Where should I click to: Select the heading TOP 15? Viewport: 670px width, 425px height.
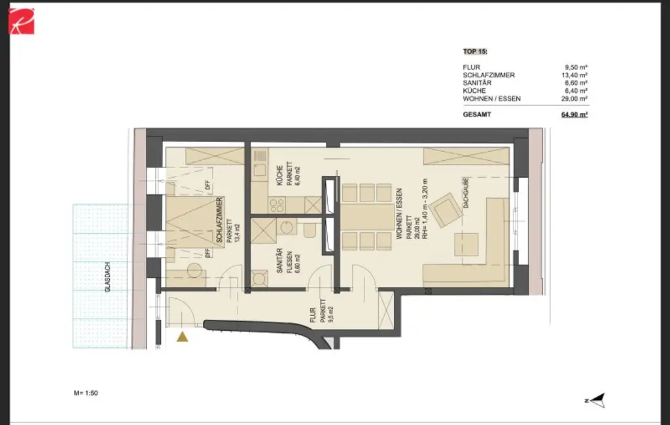tap(475, 50)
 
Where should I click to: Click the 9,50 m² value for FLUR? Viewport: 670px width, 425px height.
tap(575, 67)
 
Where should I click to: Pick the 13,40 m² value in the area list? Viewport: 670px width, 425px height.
tap(574, 75)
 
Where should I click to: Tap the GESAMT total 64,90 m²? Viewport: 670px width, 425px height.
tap(574, 114)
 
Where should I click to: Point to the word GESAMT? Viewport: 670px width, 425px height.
tap(477, 114)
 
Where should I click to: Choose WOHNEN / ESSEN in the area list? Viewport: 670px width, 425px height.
tap(491, 99)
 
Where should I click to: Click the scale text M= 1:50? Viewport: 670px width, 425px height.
tap(86, 393)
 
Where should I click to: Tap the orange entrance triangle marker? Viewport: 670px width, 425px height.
tap(183, 337)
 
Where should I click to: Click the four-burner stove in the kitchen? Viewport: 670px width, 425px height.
tap(277, 205)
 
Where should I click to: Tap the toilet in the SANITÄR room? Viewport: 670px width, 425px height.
tap(310, 231)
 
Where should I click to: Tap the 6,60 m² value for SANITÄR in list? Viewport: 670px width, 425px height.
tap(575, 83)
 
